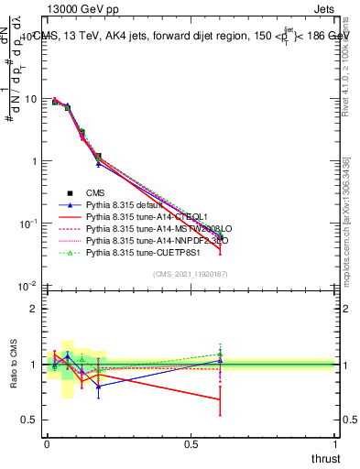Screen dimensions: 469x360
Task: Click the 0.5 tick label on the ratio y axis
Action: pos(29,420)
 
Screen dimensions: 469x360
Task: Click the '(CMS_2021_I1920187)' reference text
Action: pos(191,275)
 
